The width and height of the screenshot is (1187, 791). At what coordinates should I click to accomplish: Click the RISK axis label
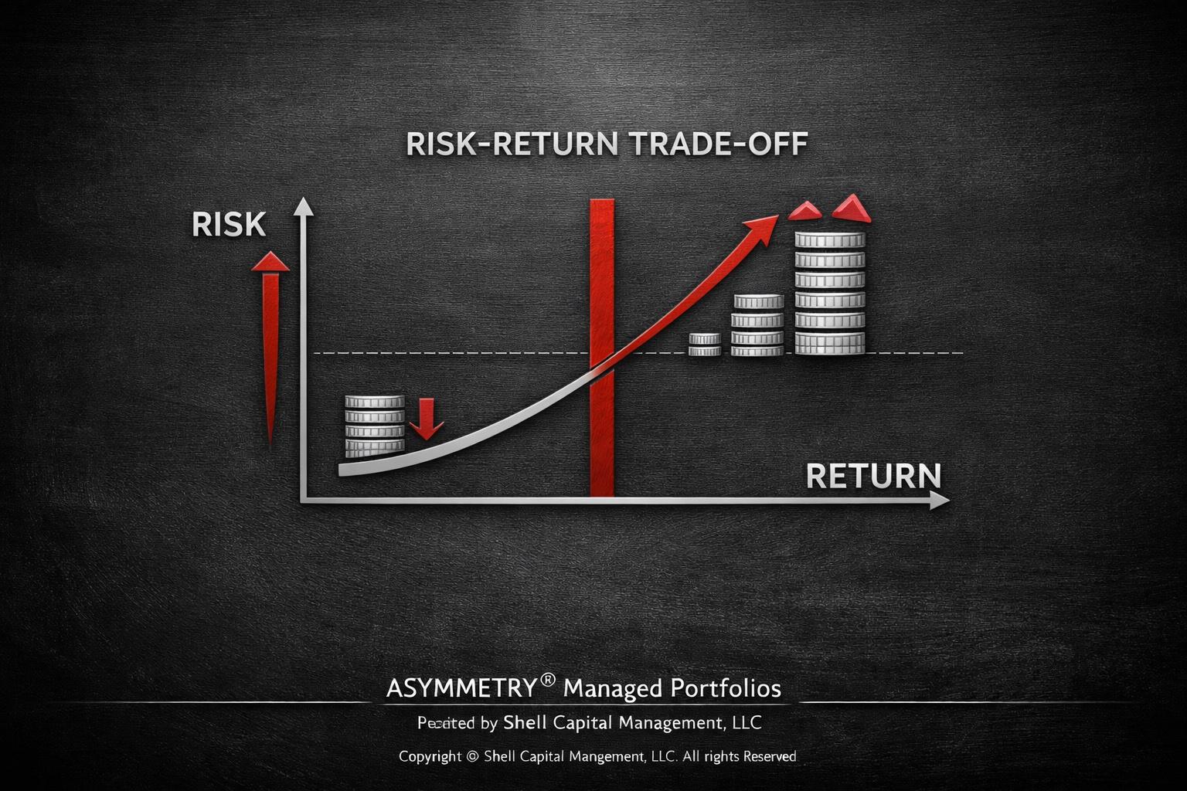(x=229, y=224)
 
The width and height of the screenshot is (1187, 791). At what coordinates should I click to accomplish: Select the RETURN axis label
(x=873, y=476)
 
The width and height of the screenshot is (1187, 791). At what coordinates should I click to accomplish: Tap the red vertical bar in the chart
(x=601, y=348)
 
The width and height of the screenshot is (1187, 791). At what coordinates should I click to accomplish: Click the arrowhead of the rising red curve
(x=765, y=226)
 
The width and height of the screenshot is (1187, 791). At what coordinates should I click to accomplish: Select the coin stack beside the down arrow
(x=375, y=426)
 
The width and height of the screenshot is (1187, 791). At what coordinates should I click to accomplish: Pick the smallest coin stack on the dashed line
(x=704, y=345)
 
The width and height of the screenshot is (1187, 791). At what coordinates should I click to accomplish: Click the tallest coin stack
(x=830, y=294)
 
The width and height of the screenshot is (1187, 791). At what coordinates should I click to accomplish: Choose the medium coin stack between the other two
(x=757, y=325)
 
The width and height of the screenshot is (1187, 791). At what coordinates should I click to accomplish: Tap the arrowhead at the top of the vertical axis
(x=304, y=205)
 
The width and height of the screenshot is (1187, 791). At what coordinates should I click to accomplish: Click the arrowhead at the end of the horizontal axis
(x=940, y=501)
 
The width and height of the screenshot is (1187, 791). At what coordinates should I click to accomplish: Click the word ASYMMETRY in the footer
(x=461, y=688)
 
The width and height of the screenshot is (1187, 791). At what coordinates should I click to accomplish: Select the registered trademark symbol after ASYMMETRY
(x=548, y=680)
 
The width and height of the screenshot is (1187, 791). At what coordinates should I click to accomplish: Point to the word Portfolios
(x=725, y=688)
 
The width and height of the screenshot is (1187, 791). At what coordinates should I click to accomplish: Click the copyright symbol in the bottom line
(x=473, y=757)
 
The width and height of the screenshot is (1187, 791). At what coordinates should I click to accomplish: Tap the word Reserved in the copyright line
(x=769, y=756)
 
